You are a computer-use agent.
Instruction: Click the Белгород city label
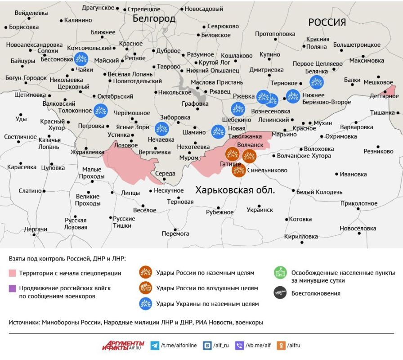154,18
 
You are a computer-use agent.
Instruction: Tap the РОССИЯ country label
327,22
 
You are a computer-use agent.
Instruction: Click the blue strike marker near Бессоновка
81,58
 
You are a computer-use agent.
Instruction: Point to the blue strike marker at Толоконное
100,110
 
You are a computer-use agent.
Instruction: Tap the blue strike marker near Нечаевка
161,129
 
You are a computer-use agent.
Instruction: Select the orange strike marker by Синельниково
239,170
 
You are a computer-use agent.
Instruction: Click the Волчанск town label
250,145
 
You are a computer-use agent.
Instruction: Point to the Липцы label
130,193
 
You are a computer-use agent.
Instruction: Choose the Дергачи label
36,229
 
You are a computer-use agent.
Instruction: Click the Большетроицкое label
357,45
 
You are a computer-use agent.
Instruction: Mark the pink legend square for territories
12,273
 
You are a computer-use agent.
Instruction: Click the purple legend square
12,288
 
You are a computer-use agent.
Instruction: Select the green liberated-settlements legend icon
280,273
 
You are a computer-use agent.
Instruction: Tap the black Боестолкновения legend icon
280,293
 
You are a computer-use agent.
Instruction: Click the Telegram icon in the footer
155,345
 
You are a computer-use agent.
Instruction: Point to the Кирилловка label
301,236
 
